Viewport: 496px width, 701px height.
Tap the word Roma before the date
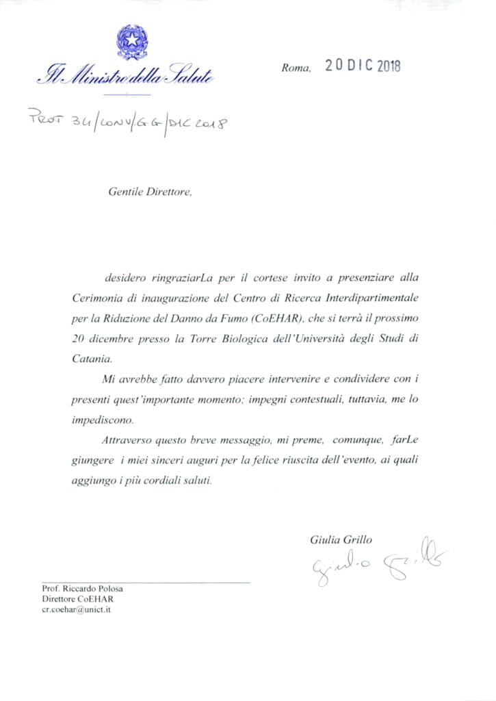pos(296,68)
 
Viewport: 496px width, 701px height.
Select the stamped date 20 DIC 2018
pos(363,66)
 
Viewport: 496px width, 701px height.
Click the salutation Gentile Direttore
pos(150,192)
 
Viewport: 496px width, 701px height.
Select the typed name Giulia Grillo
pos(341,539)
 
